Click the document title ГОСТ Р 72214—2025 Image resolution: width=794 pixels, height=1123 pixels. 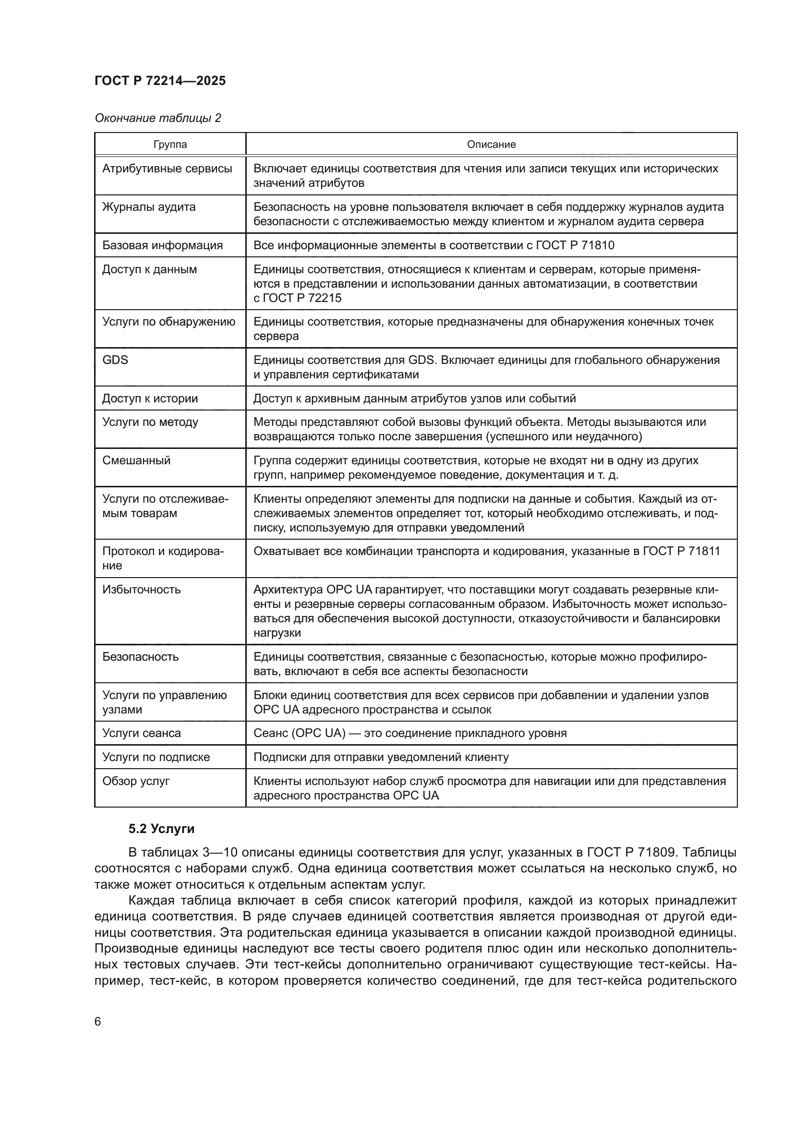(160, 81)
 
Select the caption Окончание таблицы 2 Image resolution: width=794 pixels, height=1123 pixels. (157, 118)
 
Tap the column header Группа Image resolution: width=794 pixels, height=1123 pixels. (170, 145)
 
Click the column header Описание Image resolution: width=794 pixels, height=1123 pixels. (491, 145)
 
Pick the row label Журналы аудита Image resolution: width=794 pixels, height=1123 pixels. (149, 207)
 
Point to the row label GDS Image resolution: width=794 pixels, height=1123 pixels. (115, 360)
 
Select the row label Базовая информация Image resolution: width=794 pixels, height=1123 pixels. (162, 245)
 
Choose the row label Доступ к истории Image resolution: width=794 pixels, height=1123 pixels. (150, 398)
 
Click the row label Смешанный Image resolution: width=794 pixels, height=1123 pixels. (136, 460)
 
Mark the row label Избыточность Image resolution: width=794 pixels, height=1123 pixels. (141, 590)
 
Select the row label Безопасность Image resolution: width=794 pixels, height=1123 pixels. (140, 656)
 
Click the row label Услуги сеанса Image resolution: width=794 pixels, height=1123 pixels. (141, 733)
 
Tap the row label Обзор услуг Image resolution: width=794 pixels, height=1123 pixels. (135, 781)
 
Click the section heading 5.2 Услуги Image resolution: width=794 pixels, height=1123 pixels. (161, 829)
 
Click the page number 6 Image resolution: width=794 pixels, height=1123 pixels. (98, 1022)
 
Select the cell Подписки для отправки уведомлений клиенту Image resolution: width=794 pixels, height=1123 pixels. (381, 757)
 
